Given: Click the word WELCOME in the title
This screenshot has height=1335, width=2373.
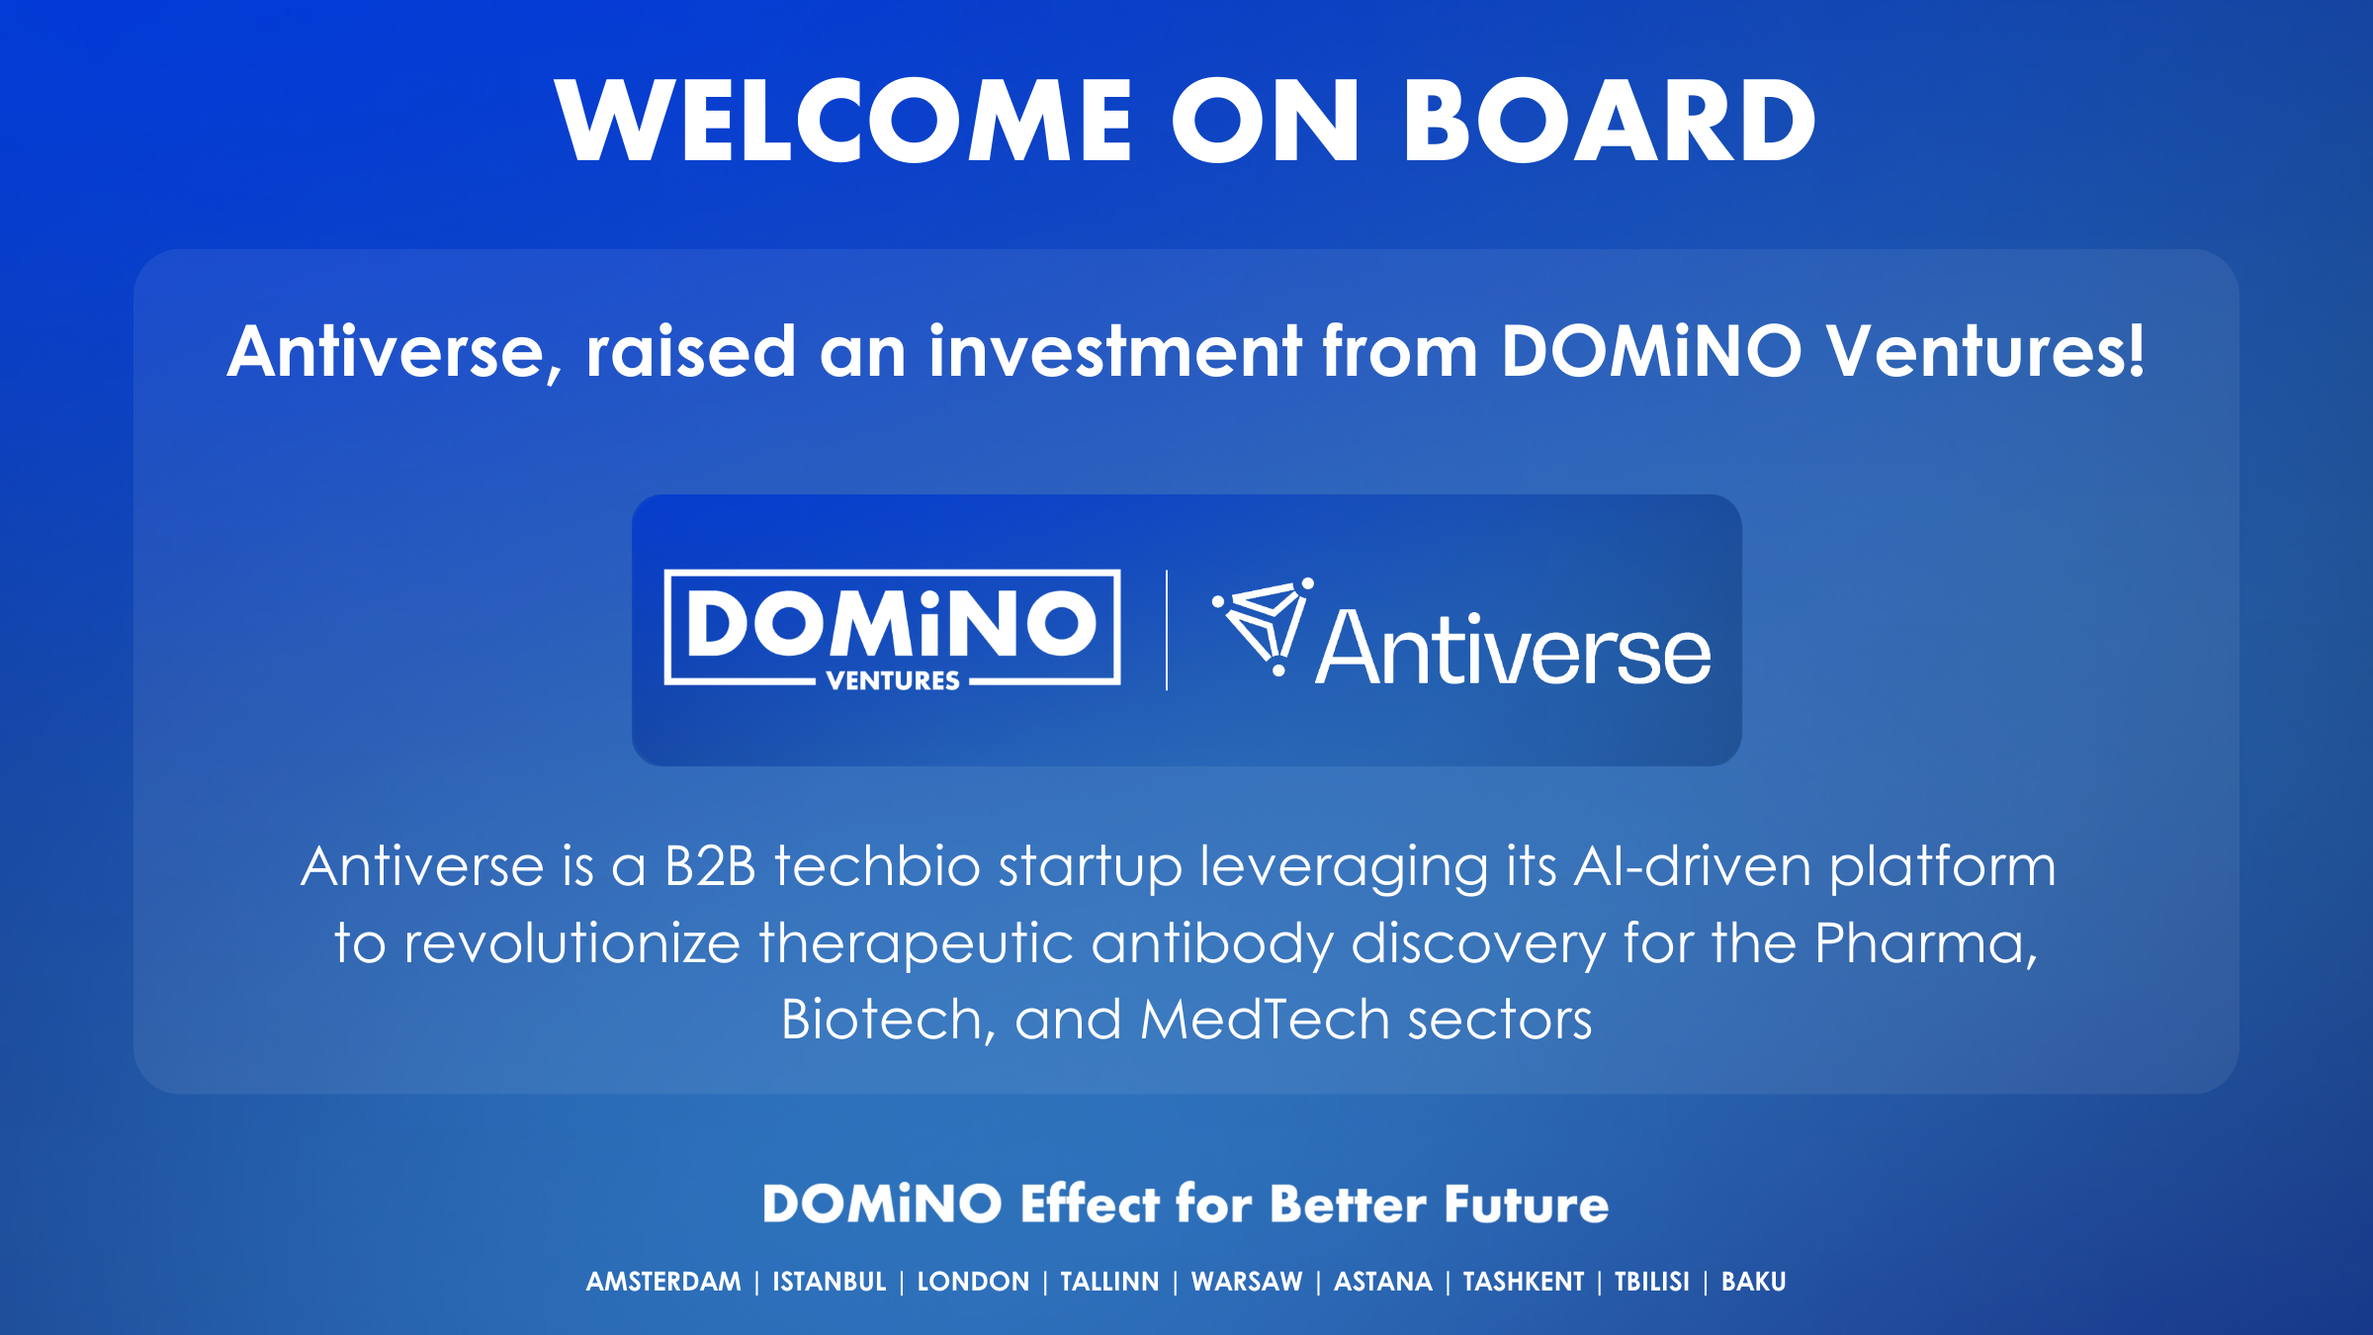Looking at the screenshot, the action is [x=843, y=121].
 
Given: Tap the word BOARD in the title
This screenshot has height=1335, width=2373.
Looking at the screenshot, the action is [x=1609, y=121].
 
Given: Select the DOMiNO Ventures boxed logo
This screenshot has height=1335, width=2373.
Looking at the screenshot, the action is [x=892, y=629].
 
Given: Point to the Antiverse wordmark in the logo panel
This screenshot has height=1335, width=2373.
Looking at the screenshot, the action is [x=1513, y=648].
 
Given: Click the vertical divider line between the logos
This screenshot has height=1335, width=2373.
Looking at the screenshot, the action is [x=1167, y=630].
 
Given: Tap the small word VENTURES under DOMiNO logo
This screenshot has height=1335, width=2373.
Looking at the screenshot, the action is [x=893, y=680].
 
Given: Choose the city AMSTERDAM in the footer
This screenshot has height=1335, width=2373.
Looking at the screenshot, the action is [x=663, y=1282].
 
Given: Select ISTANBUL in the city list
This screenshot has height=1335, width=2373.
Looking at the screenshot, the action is [x=830, y=1282].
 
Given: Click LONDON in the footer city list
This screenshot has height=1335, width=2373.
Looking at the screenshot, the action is [x=973, y=1282].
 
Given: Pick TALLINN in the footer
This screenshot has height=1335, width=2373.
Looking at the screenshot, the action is [x=1109, y=1282].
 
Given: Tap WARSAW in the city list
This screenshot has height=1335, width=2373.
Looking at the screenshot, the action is [x=1247, y=1282].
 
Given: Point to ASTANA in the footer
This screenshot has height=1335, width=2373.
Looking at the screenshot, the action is [x=1383, y=1282].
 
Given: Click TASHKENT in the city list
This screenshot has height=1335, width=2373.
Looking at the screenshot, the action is [x=1524, y=1282].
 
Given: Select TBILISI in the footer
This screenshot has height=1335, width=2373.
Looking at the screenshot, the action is [x=1652, y=1282].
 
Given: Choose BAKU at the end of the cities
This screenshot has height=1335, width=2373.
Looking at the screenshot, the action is [x=1754, y=1282].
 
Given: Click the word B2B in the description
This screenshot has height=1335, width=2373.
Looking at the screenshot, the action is [x=710, y=866].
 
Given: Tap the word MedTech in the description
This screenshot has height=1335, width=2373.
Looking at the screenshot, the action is [x=1265, y=1020].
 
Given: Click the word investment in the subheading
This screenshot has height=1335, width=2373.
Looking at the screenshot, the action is [x=1114, y=351].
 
